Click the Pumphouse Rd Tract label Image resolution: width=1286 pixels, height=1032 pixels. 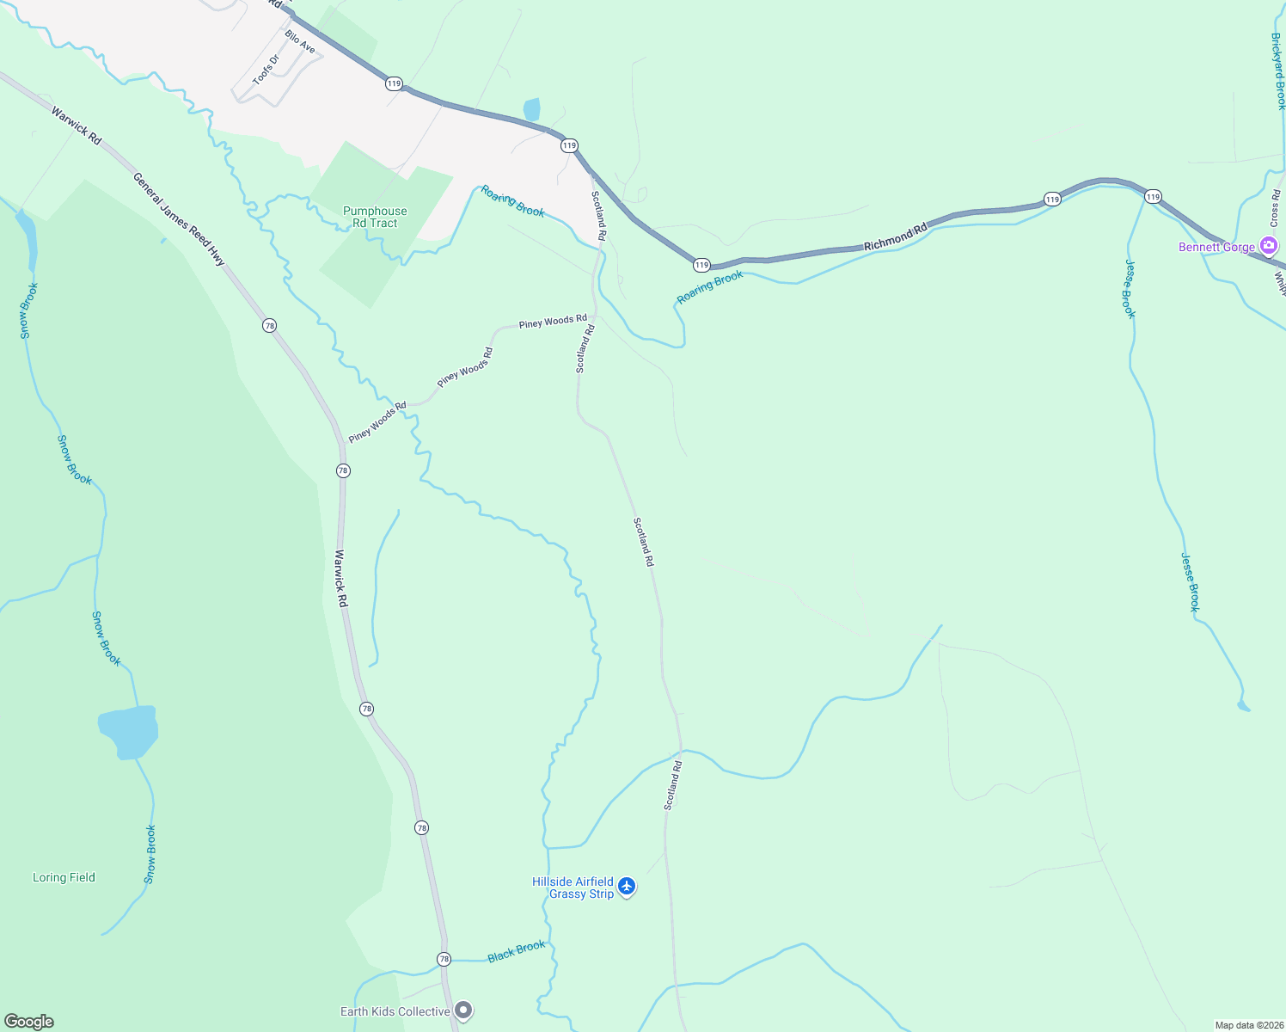375,217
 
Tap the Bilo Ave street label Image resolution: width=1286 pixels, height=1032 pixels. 300,41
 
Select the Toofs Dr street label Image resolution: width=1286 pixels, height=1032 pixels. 266,70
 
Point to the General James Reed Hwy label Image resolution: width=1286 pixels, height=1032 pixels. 179,218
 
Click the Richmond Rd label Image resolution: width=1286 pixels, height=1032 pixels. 896,237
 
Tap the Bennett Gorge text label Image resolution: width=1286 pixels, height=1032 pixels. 1216,247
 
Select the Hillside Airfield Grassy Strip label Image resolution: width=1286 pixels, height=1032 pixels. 573,888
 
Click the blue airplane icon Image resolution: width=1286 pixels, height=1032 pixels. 627,886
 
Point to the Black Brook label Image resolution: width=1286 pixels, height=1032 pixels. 516,951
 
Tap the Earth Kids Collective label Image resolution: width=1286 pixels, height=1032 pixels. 395,1011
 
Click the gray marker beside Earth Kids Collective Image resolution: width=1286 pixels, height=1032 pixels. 463,1010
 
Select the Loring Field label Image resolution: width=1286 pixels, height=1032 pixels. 64,877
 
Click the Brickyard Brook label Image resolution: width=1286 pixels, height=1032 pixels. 1278,71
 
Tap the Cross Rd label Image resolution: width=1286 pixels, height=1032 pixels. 1275,206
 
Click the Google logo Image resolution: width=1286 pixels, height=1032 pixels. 29,1022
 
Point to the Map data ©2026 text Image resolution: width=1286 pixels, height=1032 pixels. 1247,1025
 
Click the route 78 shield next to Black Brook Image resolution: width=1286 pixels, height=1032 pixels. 444,959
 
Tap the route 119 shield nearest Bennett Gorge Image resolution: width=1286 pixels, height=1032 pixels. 1153,197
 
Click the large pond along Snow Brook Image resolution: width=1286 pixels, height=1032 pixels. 128,732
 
